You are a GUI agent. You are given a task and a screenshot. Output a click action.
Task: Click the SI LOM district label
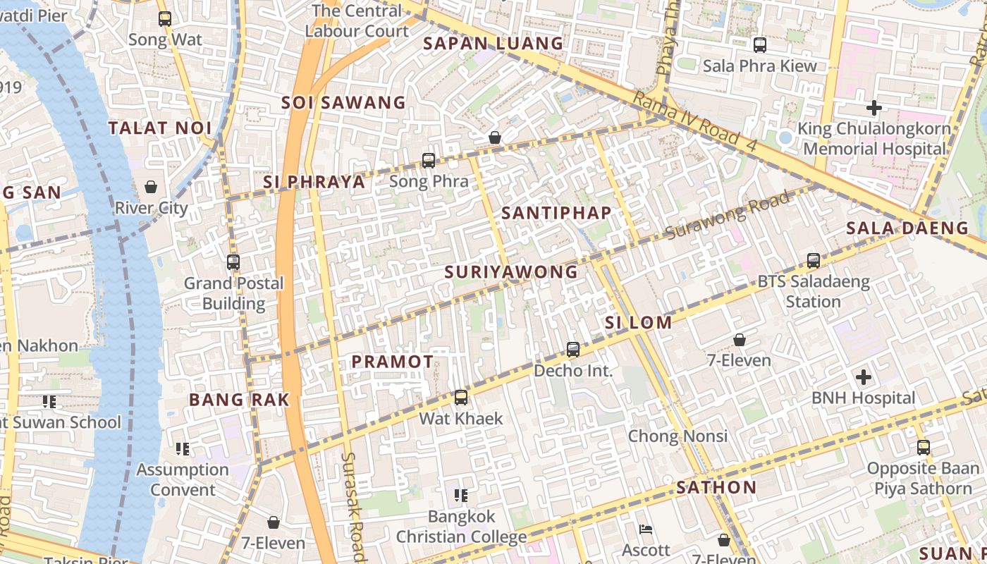(x=638, y=323)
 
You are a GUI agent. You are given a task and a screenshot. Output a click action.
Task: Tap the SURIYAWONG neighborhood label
(x=511, y=272)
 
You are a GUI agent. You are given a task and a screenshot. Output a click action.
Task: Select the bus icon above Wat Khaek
(x=461, y=398)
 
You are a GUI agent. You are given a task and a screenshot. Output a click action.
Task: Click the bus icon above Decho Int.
(x=573, y=350)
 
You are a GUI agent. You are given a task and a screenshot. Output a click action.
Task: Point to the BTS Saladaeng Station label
(x=813, y=292)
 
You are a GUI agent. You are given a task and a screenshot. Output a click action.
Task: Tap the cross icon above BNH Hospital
(x=863, y=377)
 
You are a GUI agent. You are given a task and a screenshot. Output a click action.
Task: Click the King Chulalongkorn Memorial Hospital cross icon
(x=874, y=108)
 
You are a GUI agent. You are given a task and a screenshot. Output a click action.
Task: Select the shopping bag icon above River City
(x=151, y=187)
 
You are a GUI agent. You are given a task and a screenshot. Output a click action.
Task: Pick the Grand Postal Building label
(x=233, y=293)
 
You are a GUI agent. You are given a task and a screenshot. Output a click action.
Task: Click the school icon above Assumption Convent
(x=183, y=448)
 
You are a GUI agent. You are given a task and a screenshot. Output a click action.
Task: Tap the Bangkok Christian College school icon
(x=461, y=496)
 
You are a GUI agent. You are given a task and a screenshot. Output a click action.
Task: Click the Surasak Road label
(x=353, y=504)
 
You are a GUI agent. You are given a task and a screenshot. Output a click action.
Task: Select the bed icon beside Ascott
(x=646, y=529)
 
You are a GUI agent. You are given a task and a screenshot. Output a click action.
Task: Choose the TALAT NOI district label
(x=160, y=128)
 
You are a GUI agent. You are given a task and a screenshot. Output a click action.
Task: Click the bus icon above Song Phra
(x=429, y=160)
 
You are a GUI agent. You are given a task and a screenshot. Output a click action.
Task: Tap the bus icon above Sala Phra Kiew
(x=760, y=45)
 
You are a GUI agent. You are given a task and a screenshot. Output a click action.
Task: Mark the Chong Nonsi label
(x=677, y=436)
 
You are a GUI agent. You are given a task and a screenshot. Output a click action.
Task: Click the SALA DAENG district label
(x=907, y=228)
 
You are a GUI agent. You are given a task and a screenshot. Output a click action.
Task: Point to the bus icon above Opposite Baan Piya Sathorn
(x=924, y=448)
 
